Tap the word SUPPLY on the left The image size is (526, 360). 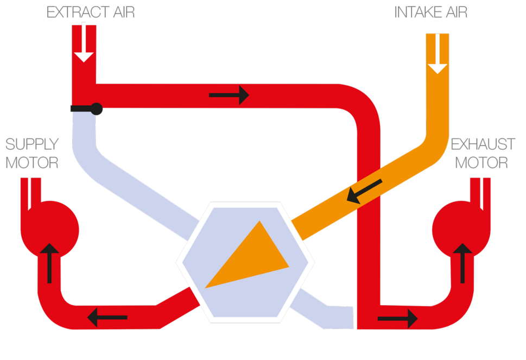[32, 144]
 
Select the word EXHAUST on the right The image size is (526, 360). [483, 144]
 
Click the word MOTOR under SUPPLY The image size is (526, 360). [32, 162]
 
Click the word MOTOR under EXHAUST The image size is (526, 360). [481, 162]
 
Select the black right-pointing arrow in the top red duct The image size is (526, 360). [229, 96]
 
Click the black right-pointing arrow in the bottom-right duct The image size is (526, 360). [398, 317]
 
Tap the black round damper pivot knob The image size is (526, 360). [97, 109]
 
